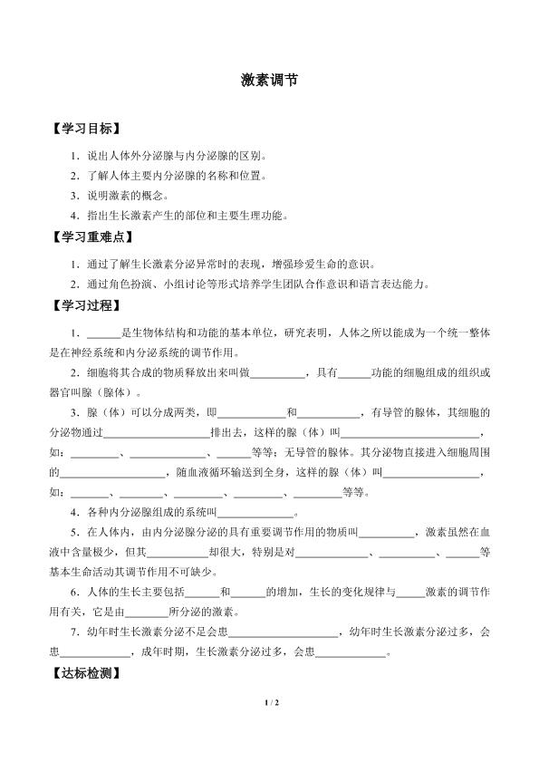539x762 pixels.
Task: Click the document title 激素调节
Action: point(269,80)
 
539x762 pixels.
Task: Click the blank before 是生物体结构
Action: point(103,333)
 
